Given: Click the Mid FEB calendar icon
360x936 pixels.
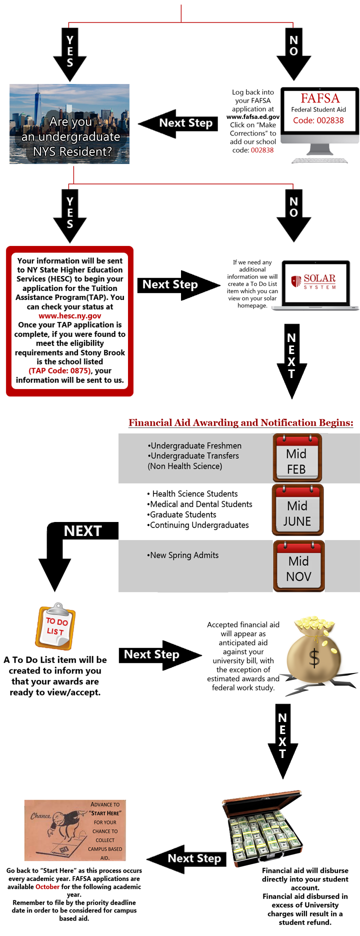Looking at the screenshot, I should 297,457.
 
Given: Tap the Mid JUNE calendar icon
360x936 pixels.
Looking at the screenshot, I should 298,509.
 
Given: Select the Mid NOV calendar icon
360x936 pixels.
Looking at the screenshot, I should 299,565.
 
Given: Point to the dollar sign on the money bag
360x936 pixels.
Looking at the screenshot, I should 314,658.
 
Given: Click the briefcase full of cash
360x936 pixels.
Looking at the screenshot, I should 263,829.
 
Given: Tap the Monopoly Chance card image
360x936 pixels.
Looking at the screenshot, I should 75,830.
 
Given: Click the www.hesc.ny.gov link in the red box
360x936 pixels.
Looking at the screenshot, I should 69,315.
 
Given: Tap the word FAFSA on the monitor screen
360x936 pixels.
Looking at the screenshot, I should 319,98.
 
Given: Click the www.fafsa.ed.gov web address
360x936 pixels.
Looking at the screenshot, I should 253,116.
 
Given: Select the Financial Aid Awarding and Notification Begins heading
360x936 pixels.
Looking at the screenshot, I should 240,422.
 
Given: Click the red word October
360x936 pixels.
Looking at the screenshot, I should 47,886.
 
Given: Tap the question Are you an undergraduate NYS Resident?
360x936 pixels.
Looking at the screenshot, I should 70,136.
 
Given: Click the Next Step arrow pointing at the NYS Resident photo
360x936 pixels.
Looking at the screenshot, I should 178,123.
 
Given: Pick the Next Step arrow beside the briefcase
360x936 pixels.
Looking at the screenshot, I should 187,858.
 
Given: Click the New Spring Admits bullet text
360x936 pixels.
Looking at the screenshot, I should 184,555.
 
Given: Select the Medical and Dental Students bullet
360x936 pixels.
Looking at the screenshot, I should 201,504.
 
